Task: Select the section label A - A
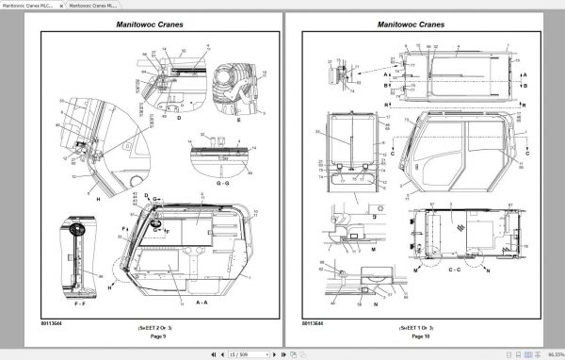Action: point(202,303)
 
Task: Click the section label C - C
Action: point(455,270)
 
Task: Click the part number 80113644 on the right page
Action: point(313,323)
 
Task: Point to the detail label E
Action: point(239,121)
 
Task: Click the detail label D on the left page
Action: point(178,120)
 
